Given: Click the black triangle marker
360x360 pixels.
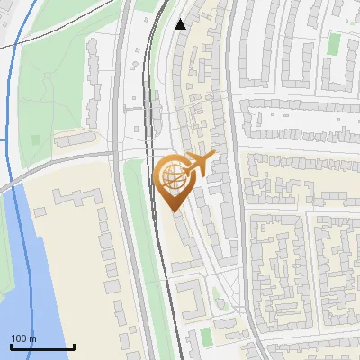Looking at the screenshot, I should point(181,24).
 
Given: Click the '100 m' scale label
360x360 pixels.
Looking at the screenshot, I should point(23,338).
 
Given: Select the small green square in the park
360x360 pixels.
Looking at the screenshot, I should point(36,140).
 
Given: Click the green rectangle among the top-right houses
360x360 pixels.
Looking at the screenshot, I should point(334,43).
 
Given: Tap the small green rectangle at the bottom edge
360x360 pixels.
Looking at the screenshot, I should point(206,336).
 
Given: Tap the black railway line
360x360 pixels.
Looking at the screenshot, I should point(150,135).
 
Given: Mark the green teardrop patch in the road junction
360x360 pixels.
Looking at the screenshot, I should point(217,301).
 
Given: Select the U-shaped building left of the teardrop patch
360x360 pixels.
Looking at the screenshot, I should point(190,296).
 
